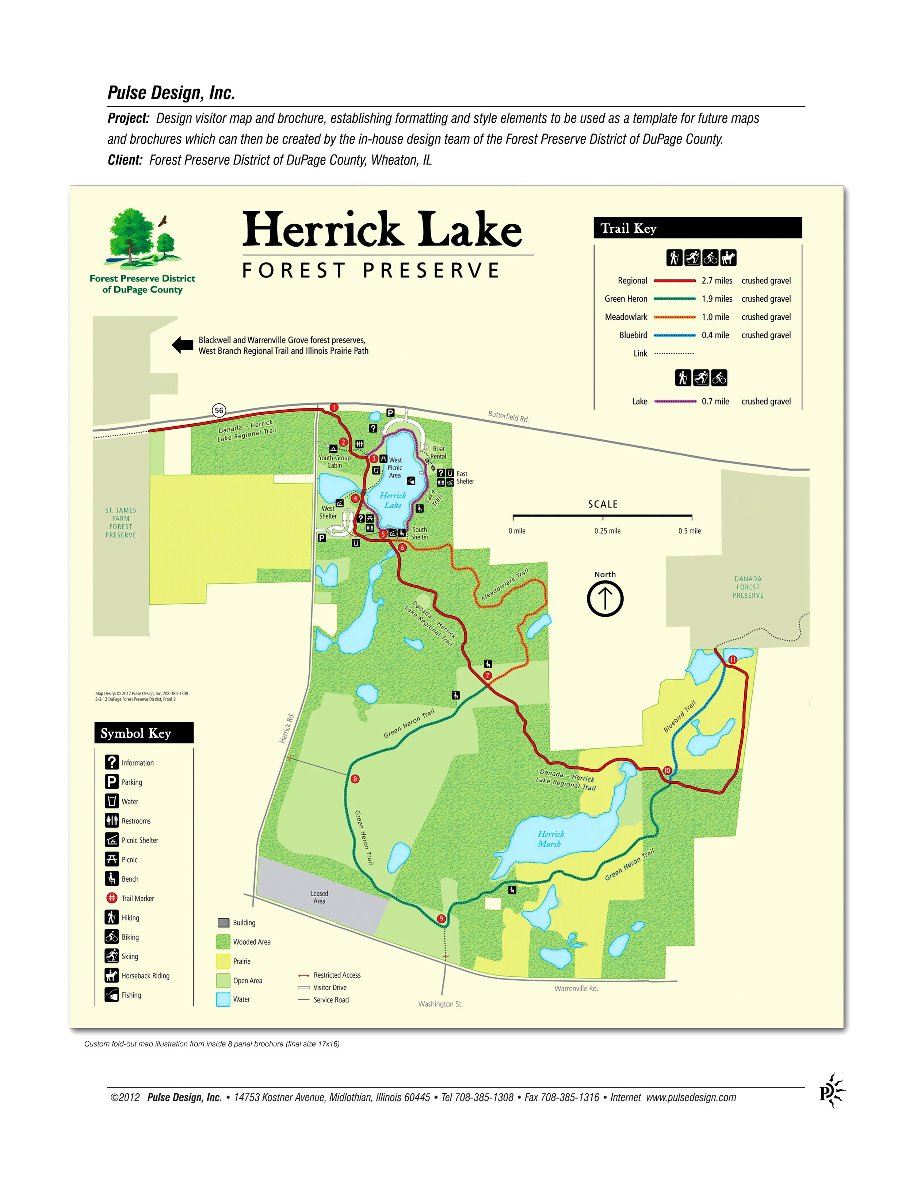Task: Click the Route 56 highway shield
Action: point(218,410)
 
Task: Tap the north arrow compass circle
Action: point(605,598)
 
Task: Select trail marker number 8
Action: point(355,779)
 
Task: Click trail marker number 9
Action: point(442,919)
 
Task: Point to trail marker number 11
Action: point(732,659)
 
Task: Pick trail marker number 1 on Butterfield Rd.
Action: point(334,407)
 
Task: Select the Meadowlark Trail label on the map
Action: point(505,585)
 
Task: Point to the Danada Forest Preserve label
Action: point(748,587)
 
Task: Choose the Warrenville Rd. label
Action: point(576,988)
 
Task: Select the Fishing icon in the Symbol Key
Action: point(111,995)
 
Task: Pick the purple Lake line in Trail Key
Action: point(675,401)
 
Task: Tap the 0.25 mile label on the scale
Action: point(607,531)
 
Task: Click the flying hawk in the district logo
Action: point(162,221)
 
